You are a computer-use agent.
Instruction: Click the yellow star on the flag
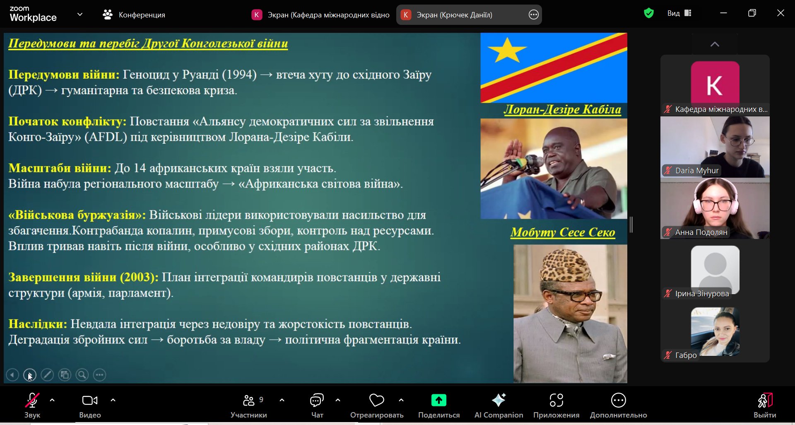pos(507,50)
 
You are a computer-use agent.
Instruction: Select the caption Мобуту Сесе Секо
pos(563,232)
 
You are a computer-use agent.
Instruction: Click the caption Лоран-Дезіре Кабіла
pos(562,109)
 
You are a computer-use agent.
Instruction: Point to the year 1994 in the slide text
pos(239,75)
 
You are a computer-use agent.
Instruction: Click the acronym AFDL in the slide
pos(106,137)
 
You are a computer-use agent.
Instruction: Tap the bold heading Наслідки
pos(38,324)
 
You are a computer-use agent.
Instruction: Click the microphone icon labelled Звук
pos(32,400)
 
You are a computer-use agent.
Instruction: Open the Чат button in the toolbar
pos(317,400)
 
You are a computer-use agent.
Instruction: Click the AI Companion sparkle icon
pos(499,400)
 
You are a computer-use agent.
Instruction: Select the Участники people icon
pos(248,400)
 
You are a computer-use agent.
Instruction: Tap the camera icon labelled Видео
pos(90,400)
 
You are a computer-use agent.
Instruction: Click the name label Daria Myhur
pos(697,170)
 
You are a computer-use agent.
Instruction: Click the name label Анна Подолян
pos(701,232)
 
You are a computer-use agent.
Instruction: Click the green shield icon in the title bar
pos(649,13)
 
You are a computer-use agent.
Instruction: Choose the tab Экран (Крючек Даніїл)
pos(454,15)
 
